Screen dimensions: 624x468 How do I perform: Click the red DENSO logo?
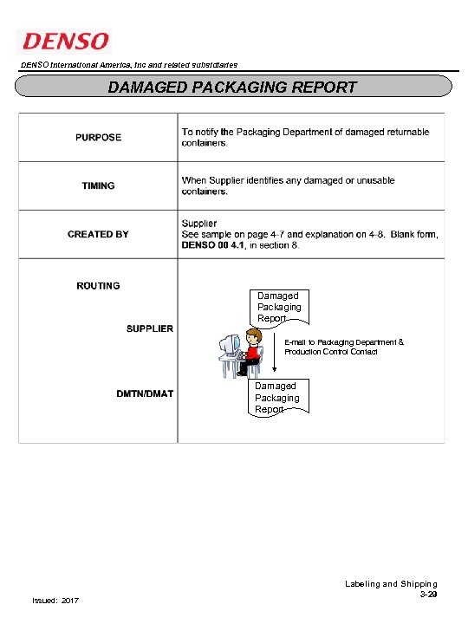[65, 41]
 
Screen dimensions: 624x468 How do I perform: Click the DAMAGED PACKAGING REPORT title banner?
[232, 87]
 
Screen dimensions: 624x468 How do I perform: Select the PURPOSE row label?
[98, 137]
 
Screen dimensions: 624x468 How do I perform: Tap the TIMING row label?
[98, 185]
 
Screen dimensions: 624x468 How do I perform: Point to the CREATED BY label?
[98, 234]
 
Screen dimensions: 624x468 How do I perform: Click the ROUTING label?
[98, 285]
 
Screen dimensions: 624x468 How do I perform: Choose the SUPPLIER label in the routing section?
[149, 328]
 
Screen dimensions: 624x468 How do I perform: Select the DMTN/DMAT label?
[145, 393]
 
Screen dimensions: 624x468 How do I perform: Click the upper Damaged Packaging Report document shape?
[278, 307]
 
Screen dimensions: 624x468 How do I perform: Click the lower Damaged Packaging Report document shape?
[276, 397]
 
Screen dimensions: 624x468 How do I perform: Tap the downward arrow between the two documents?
[275, 351]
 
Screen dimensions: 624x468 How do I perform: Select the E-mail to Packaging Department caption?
[343, 347]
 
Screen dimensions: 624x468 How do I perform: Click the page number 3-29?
[428, 595]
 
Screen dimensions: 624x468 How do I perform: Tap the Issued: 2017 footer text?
[55, 601]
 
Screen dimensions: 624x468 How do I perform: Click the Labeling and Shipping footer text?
[391, 584]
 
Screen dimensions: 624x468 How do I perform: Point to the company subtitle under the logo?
[128, 65]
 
